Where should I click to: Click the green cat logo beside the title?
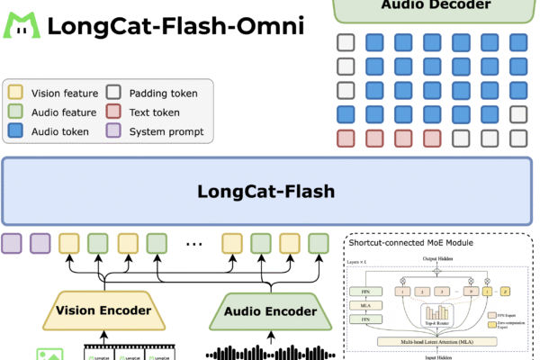tap(21, 24)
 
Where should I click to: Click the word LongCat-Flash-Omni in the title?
tap(175, 25)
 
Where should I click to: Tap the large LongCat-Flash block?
tap(269, 192)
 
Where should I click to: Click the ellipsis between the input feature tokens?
tap(193, 243)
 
